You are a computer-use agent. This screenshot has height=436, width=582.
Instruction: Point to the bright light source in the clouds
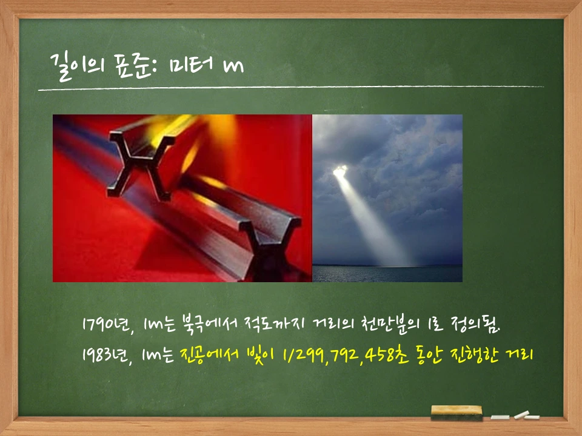(x=340, y=171)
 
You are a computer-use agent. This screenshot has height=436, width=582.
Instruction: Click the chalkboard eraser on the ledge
(x=456, y=413)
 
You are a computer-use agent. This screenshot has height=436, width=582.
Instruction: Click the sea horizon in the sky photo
(x=387, y=266)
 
